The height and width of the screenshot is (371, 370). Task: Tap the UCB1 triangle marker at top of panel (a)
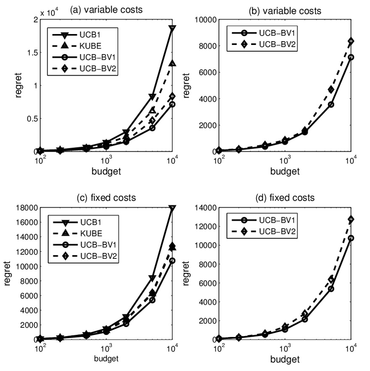coord(172,28)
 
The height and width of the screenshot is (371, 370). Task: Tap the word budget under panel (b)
coord(284,171)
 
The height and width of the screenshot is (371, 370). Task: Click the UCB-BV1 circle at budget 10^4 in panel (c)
coord(172,260)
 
